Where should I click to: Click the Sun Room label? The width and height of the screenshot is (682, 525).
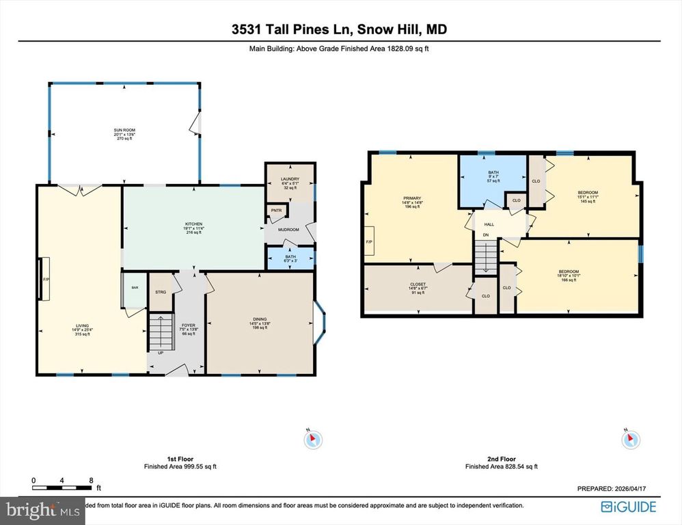124,134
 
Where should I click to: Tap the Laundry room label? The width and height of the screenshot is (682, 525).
290,183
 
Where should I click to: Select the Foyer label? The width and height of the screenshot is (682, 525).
188,325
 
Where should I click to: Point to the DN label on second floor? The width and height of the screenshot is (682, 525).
486,236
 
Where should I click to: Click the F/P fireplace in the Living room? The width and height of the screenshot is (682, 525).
46,280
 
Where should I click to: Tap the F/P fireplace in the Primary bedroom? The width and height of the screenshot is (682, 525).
369,241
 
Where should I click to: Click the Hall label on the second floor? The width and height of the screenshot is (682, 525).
489,224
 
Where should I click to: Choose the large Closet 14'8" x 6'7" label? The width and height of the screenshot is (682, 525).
418,287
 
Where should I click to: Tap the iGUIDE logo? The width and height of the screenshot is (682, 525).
628,507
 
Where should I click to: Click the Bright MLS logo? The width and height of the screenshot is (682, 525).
43,510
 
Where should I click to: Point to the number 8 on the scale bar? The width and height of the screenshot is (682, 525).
91,481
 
